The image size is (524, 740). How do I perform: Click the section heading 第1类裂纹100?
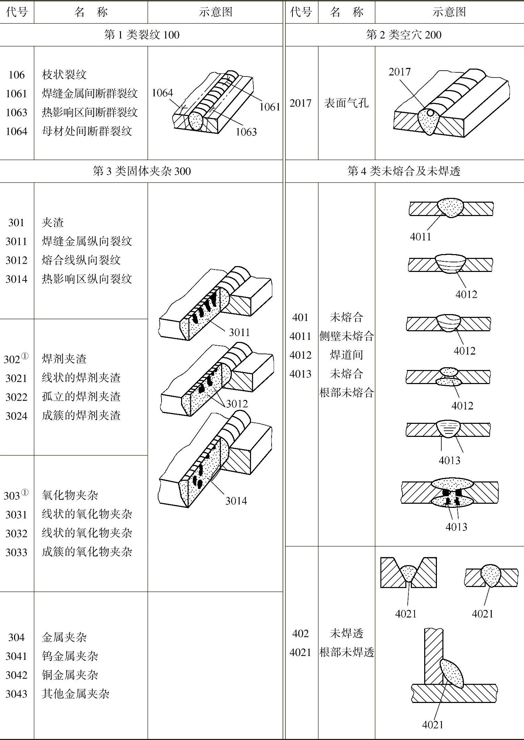pos(142,35)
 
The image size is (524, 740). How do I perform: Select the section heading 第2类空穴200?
pos(404,35)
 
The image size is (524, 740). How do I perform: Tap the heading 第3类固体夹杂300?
pos(142,171)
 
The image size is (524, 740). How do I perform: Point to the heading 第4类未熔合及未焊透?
pos(404,171)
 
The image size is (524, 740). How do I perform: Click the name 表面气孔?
pos(346,103)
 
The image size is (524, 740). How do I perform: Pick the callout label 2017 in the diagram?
pos(400,72)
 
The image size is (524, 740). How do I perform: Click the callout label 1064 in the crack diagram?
pos(162,93)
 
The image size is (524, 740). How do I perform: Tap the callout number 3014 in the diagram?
pos(236,501)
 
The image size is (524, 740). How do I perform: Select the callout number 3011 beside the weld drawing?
pos(239,332)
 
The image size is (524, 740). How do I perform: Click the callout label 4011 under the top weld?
pos(420,237)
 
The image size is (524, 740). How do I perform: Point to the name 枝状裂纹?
pos(64,74)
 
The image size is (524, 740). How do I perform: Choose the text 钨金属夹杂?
pos(70,656)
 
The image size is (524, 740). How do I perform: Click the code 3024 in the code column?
pos(16,416)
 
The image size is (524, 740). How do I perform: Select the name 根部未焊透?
pos(346,652)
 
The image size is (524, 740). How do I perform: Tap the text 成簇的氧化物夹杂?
pos(87,552)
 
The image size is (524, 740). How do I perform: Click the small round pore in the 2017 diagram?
pos(430,112)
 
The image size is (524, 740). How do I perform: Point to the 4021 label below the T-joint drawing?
pos(432,725)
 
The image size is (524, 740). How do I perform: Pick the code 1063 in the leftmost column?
pos(16,112)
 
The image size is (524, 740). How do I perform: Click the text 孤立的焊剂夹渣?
pos(81,397)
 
